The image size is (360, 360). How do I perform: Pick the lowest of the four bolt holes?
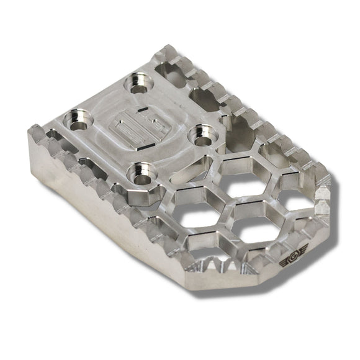(138, 171)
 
